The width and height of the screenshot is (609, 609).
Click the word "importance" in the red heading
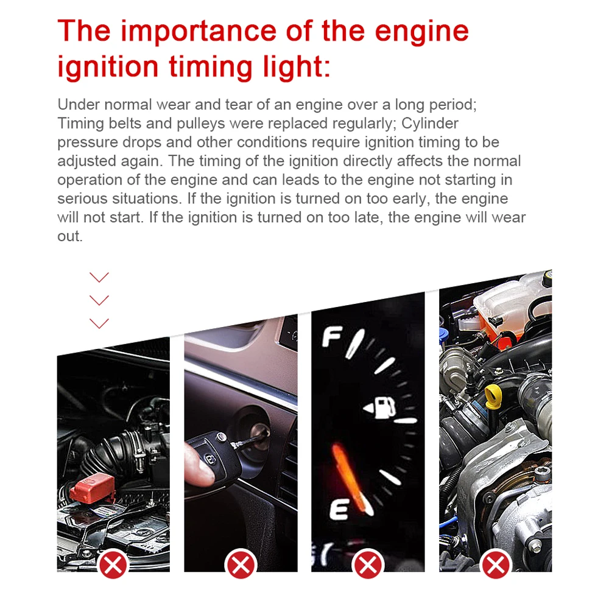[199, 32]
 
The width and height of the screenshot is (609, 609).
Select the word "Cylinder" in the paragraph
[429, 124]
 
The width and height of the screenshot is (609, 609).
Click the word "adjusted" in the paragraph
[86, 161]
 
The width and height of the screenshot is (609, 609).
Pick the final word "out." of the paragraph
[70, 236]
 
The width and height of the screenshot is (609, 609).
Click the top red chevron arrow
[99, 277]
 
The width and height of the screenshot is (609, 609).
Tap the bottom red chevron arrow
[99, 323]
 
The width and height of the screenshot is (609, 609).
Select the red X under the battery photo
[113, 565]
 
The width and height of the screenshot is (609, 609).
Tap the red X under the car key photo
[241, 565]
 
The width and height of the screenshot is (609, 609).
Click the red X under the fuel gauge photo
[368, 565]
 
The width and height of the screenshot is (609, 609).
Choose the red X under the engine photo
[496, 565]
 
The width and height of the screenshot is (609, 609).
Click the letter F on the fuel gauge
[332, 336]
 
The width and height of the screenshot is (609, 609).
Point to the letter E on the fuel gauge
[339, 509]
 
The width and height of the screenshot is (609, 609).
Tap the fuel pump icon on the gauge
[380, 407]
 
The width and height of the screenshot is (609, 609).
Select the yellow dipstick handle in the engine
[494, 397]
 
